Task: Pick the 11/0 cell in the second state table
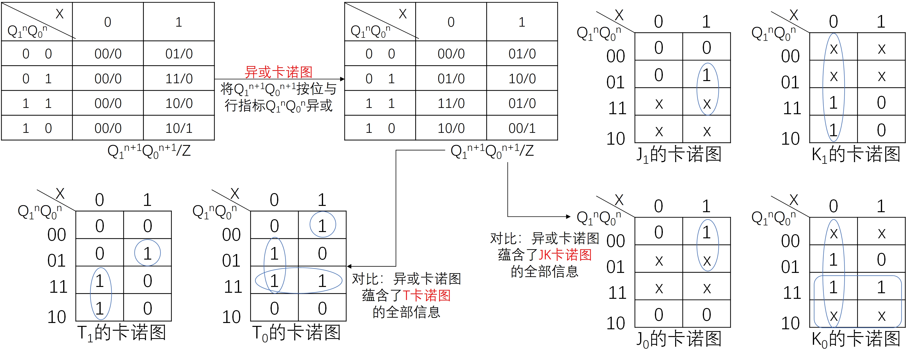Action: pos(451,103)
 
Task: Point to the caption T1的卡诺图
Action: pos(122,333)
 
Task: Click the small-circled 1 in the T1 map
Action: pos(147,253)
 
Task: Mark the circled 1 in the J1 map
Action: pos(706,75)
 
